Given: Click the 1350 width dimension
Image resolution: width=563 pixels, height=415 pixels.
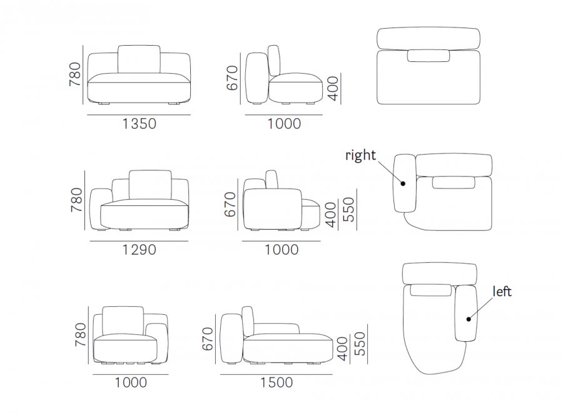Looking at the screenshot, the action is click(x=139, y=123).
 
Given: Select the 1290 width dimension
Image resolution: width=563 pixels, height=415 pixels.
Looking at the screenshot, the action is click(x=139, y=249).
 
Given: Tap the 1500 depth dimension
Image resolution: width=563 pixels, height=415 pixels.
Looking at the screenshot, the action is click(x=276, y=382).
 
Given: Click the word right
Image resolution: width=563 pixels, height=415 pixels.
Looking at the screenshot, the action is click(x=360, y=155).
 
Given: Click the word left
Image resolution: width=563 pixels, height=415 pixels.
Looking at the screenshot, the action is click(x=502, y=291).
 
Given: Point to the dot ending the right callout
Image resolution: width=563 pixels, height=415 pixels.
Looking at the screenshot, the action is click(x=403, y=183).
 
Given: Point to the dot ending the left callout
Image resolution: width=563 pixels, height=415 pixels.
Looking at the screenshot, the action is click(x=469, y=319).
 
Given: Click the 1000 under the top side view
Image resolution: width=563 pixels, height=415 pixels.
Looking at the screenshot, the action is click(x=284, y=123).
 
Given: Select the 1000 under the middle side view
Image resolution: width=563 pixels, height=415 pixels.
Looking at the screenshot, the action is click(x=281, y=249).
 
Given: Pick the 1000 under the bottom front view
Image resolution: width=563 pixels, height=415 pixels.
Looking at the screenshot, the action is click(x=131, y=382).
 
